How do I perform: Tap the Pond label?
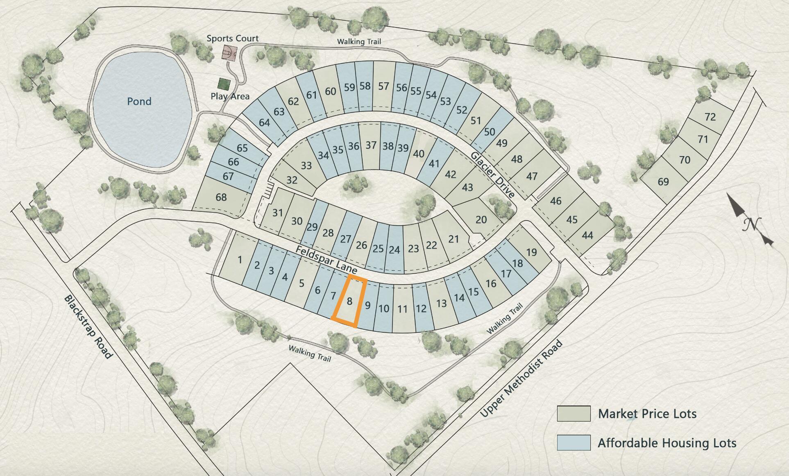(x=139, y=101)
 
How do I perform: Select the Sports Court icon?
(x=229, y=52)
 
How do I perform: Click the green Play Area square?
(x=224, y=84)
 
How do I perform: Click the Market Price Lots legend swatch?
(x=574, y=414)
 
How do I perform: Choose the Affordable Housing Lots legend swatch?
(x=574, y=443)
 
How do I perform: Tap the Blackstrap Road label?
(x=88, y=327)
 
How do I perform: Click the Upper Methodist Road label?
(x=521, y=379)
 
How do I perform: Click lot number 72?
(x=710, y=117)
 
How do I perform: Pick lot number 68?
(x=221, y=197)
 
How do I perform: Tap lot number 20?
(x=481, y=220)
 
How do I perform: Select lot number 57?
(x=383, y=86)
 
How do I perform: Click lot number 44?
(x=587, y=236)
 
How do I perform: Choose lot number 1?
(x=240, y=259)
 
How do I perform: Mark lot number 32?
(x=292, y=180)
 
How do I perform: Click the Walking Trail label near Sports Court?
(x=359, y=41)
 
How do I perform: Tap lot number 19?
(x=531, y=252)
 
